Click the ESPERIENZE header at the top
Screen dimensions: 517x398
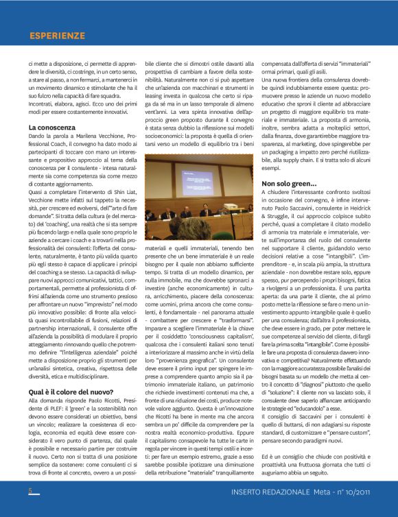57,36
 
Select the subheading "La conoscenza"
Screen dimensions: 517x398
51,128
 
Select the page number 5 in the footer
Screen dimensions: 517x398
30,491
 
